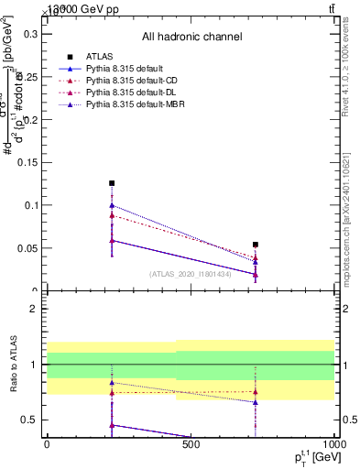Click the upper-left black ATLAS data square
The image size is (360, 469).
(x=112, y=183)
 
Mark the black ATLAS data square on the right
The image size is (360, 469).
(x=256, y=245)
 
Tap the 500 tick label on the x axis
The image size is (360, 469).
(x=191, y=444)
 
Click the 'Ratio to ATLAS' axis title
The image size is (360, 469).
(x=12, y=365)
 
